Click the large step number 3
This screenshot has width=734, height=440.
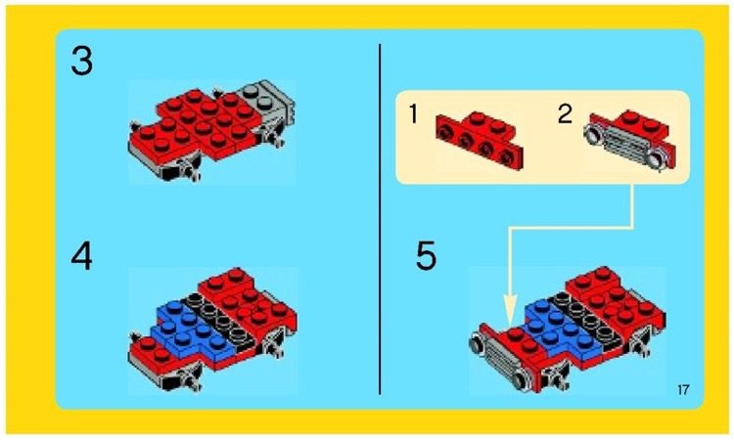pos(82,64)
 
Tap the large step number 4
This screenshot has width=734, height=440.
pos(82,258)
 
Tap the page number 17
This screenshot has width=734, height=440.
pos(682,391)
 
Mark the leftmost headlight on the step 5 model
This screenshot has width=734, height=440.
pos(479,344)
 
